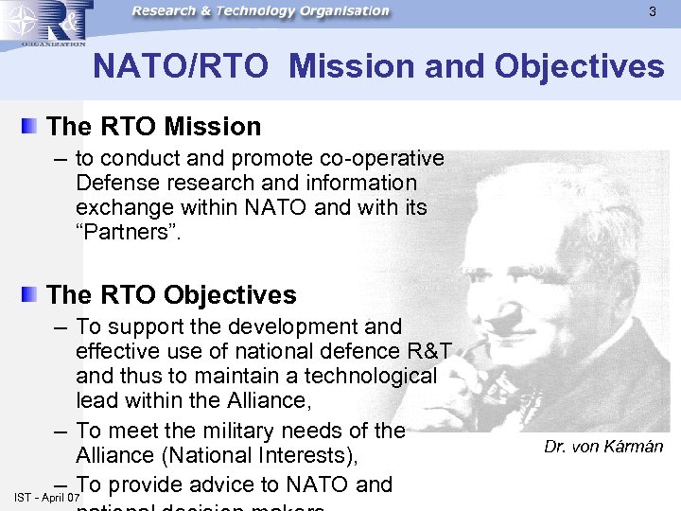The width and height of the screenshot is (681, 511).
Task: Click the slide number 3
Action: pos(652,12)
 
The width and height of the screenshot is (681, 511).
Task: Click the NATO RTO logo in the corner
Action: pos(45,24)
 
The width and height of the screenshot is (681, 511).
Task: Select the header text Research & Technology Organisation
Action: pos(260,11)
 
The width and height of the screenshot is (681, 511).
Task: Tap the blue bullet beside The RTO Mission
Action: pos(32,126)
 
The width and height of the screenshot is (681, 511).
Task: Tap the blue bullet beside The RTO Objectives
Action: pos(32,294)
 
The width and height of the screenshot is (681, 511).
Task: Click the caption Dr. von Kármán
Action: pos(603,447)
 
